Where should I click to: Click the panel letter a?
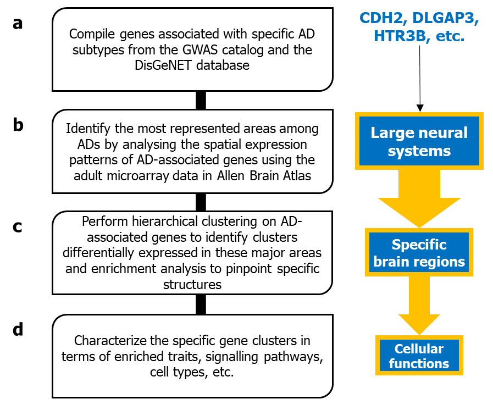point(18,24)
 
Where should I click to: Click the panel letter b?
point(18,125)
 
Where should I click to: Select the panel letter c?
point(18,226)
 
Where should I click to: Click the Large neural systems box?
point(419,141)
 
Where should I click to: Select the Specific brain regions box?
point(419,253)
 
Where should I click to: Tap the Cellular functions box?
point(419,356)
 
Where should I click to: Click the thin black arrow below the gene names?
point(419,77)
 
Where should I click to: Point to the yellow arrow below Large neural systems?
point(419,198)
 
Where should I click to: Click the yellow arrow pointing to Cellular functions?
point(419,308)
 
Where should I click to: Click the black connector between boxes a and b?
point(201,100)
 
